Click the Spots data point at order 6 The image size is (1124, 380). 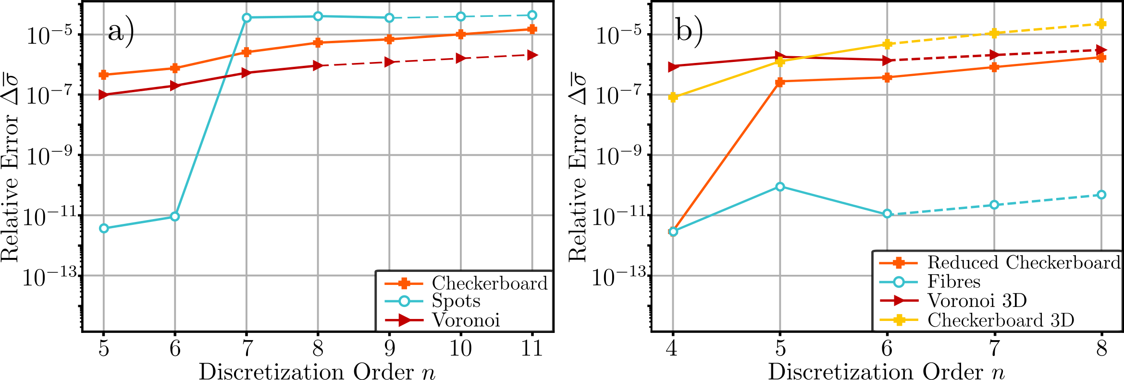click(x=175, y=217)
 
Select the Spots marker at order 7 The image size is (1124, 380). click(x=247, y=18)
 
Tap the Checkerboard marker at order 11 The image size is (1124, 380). click(x=532, y=29)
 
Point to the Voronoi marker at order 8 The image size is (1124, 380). click(x=318, y=65)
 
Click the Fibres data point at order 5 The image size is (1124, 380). click(x=780, y=186)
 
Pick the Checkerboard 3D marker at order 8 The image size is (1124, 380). click(x=1101, y=24)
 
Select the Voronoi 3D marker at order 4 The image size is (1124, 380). click(x=673, y=67)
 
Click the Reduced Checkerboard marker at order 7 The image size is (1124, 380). click(x=994, y=67)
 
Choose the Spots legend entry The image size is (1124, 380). click(x=456, y=301)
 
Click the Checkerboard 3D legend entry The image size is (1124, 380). click(x=1000, y=320)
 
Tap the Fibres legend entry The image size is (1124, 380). click(x=953, y=282)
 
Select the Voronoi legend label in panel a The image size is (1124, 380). click(x=466, y=320)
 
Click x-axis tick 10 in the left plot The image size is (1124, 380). click(x=460, y=348)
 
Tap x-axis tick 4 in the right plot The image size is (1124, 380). click(x=672, y=348)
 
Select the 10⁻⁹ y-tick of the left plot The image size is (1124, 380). click(x=48, y=156)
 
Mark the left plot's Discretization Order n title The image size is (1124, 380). click(x=317, y=371)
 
